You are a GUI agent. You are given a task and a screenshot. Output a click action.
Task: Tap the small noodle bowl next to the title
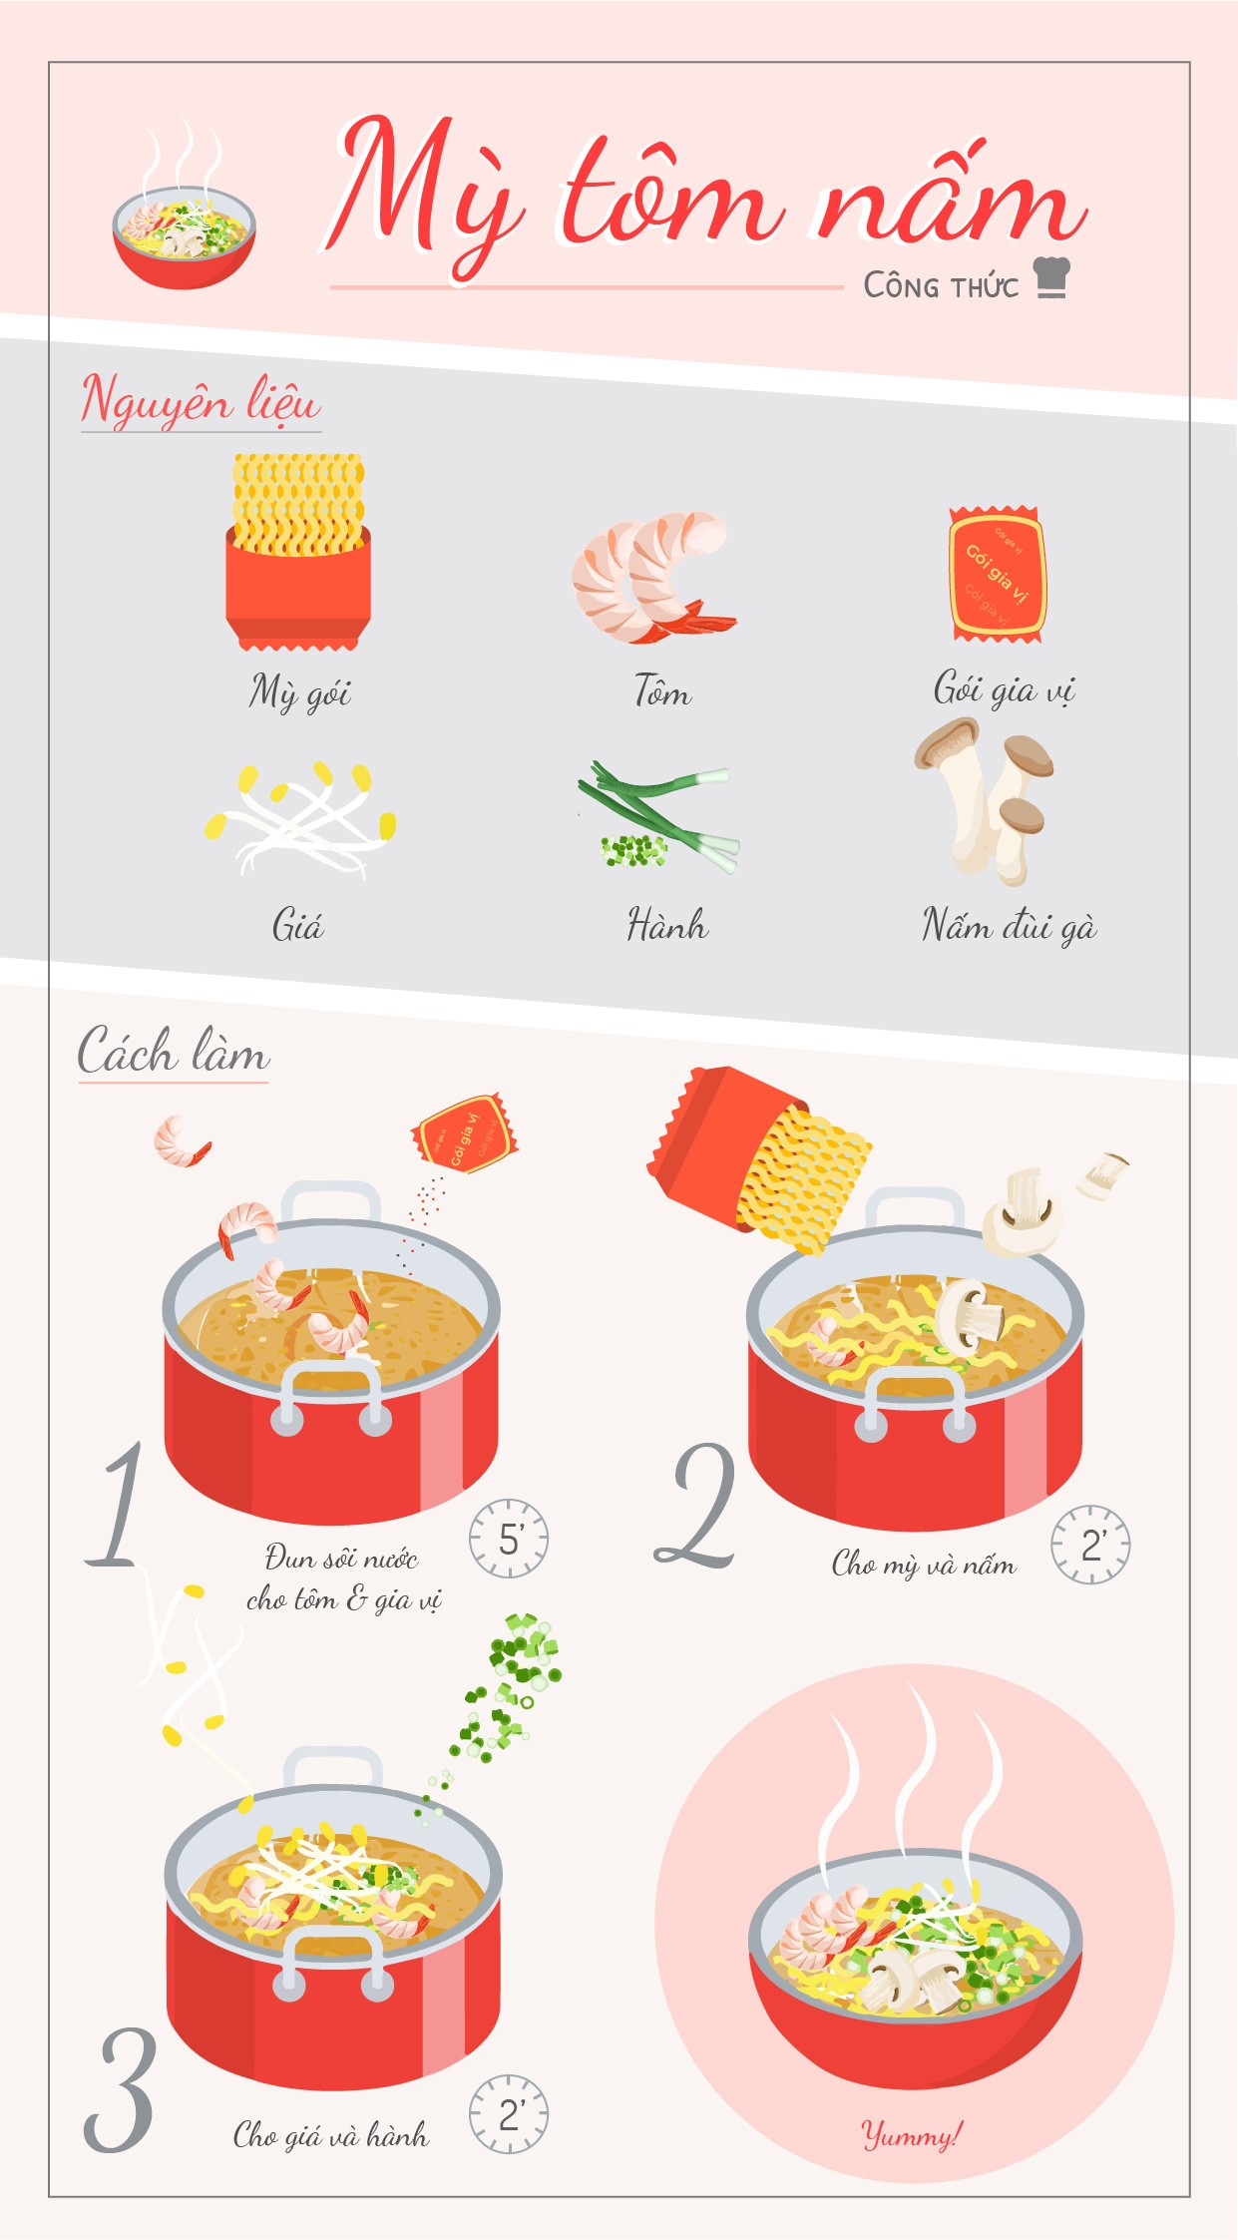click(184, 237)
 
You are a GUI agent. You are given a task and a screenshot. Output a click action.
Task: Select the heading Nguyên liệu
click(201, 400)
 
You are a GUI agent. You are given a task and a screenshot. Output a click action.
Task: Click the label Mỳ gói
click(300, 691)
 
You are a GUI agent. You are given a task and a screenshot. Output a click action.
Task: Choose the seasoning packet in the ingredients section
click(997, 573)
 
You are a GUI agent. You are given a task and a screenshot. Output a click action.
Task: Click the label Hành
click(667, 925)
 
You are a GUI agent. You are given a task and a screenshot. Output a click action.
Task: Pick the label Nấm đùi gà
click(1009, 926)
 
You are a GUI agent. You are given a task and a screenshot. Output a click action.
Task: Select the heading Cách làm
click(174, 1052)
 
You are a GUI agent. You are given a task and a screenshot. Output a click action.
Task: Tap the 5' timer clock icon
click(509, 1538)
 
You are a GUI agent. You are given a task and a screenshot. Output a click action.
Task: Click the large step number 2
click(696, 1505)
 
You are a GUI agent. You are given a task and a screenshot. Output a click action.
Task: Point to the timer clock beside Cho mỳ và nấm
click(1090, 1545)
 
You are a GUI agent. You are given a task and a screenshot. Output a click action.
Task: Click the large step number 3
click(120, 2089)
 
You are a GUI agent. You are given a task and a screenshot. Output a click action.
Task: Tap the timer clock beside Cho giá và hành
click(509, 2114)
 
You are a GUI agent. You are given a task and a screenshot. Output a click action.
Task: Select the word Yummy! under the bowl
click(912, 2134)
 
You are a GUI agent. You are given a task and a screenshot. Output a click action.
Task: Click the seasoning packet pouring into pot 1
click(465, 1133)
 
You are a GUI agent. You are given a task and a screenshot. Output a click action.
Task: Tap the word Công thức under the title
click(941, 285)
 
